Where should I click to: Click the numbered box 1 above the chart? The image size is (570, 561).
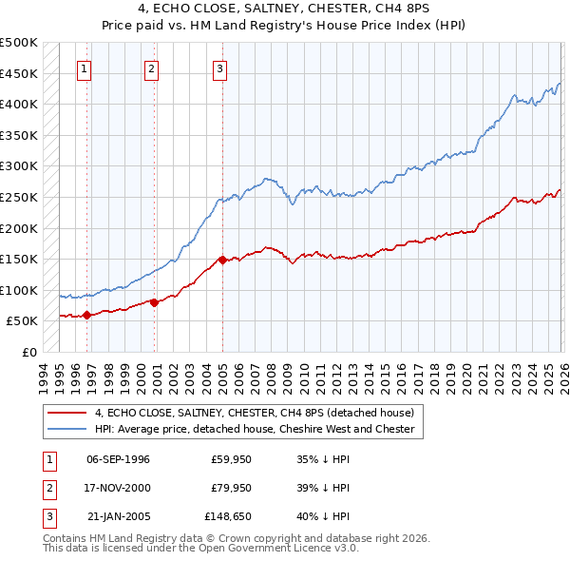[x=85, y=68]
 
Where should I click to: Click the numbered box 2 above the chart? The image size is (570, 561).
[x=152, y=68]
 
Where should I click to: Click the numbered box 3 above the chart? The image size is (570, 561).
[x=219, y=68]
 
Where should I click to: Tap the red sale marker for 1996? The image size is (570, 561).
[x=86, y=315]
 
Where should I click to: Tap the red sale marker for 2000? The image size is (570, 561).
[x=154, y=302]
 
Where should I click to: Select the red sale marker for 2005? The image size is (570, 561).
[x=221, y=260]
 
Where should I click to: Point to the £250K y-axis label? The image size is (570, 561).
[x=19, y=197]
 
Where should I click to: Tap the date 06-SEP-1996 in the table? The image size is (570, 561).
[x=118, y=459]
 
